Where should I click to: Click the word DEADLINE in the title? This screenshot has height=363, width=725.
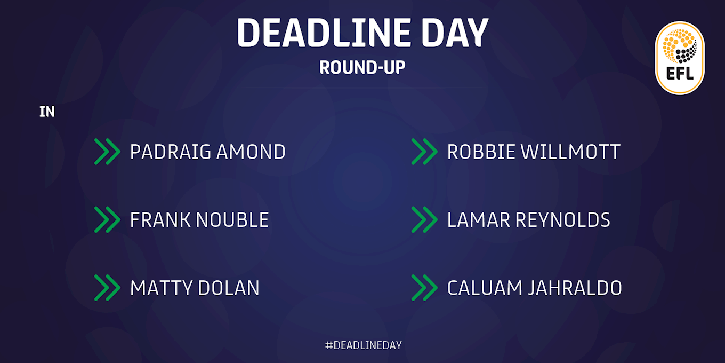[x=324, y=33]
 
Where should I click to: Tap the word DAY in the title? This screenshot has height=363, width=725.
[x=455, y=33]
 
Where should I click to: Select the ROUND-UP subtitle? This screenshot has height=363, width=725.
[x=362, y=67]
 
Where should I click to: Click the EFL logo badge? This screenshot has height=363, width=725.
[x=679, y=58]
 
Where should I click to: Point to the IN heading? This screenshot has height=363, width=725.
[x=47, y=112]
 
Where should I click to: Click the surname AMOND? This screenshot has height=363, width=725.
[x=251, y=152]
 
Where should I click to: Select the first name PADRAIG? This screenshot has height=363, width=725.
[x=171, y=152]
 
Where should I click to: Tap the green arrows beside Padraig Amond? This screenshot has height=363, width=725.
[x=107, y=152]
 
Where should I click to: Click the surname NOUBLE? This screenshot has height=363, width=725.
[x=232, y=220]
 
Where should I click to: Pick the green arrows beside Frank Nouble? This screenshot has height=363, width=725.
[x=107, y=220]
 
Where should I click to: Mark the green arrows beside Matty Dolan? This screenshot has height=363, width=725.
[x=107, y=288]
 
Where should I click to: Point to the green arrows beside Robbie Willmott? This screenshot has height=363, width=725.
[x=424, y=152]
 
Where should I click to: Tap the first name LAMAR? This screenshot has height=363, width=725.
[x=478, y=220]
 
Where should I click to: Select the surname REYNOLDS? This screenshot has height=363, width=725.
[x=562, y=220]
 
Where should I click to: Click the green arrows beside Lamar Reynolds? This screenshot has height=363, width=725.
[x=424, y=220]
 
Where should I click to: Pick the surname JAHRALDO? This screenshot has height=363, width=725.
[x=575, y=288]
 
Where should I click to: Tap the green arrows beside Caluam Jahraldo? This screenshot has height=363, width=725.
[x=424, y=288]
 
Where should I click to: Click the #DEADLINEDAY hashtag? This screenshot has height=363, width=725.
[x=363, y=345]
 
